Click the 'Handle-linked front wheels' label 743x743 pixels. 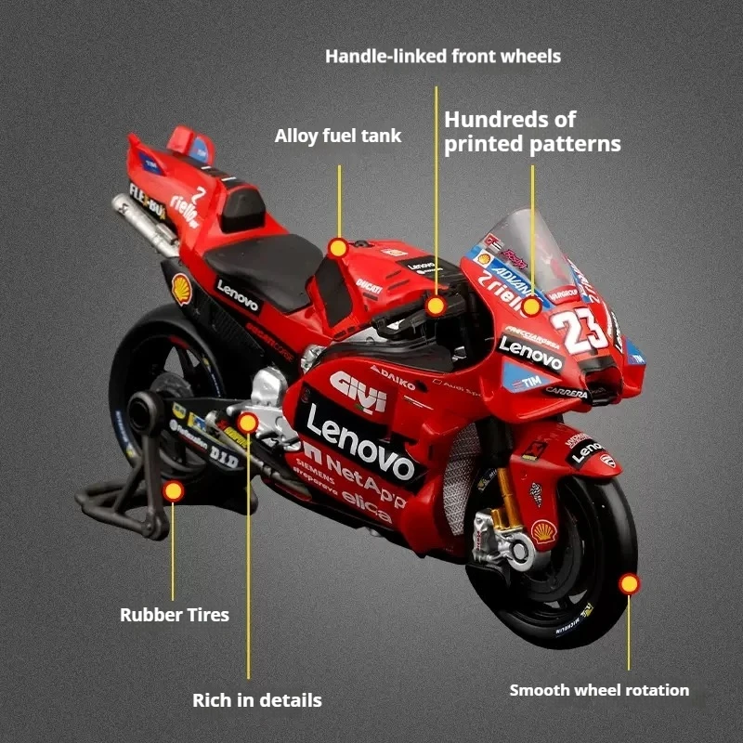pyautogui.click(x=443, y=56)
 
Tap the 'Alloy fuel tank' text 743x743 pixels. pyautogui.click(x=338, y=136)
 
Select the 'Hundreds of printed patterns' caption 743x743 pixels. pyautogui.click(x=531, y=132)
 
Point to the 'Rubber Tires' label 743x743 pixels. pyautogui.click(x=174, y=614)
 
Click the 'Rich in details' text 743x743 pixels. pyautogui.click(x=257, y=699)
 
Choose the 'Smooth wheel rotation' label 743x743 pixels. pyautogui.click(x=599, y=690)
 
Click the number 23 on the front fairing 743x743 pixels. pyautogui.click(x=579, y=330)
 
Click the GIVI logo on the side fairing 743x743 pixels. pyautogui.click(x=358, y=390)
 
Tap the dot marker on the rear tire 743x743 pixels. pyautogui.click(x=173, y=491)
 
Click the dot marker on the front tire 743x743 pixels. pyautogui.click(x=630, y=583)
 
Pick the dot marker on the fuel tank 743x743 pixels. pyautogui.click(x=338, y=248)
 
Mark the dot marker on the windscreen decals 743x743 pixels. pyautogui.click(x=531, y=306)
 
